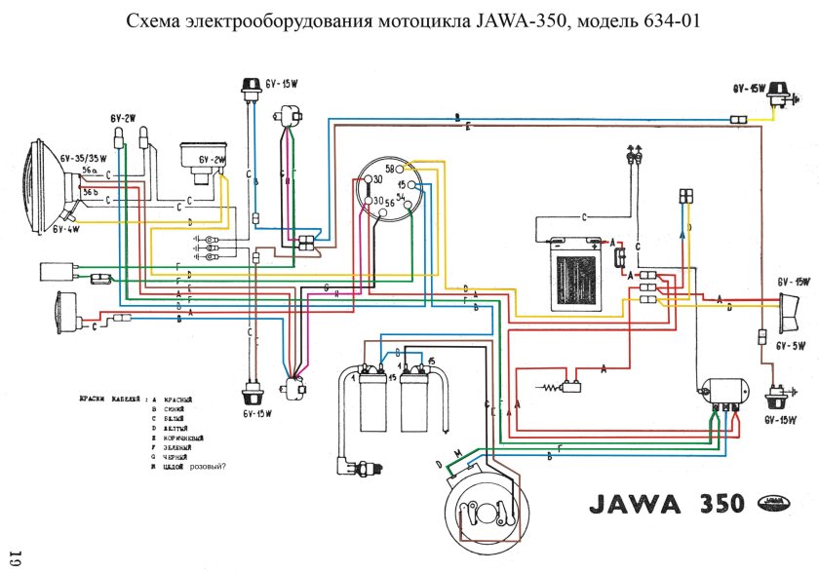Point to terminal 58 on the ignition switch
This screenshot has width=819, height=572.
click(x=389, y=169)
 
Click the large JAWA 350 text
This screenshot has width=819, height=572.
click(x=663, y=504)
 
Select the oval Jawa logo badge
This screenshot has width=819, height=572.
click(x=775, y=503)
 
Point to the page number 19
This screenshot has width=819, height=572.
click(x=15, y=558)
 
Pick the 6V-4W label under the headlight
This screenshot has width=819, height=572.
click(x=65, y=230)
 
